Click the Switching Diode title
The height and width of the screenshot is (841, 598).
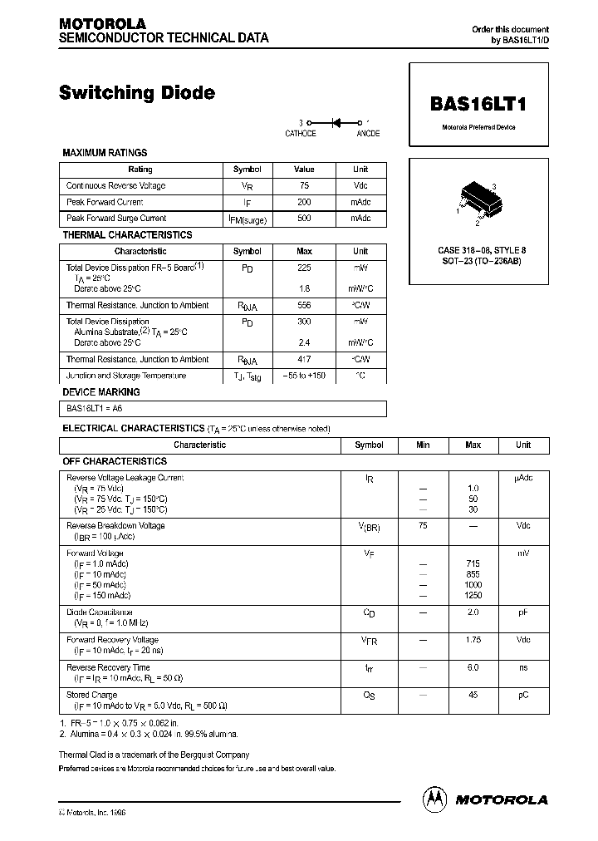[137, 93]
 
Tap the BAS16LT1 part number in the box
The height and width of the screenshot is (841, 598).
[478, 106]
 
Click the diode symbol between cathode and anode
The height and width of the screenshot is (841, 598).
[336, 122]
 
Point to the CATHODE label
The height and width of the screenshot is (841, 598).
[301, 133]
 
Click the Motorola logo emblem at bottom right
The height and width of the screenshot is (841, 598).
[434, 799]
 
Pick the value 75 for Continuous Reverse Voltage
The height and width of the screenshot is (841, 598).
[304, 186]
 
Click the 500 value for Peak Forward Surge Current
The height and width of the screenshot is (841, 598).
[304, 218]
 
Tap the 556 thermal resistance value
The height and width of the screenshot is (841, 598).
[304, 306]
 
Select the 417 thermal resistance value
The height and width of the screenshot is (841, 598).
[304, 360]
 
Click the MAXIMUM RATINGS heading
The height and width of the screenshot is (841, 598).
[105, 153]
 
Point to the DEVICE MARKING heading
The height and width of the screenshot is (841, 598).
[101, 391]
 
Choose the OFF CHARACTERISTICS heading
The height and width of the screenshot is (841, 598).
[115, 461]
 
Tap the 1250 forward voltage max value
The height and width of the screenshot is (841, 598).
[473, 596]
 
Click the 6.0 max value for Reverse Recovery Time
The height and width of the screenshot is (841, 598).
[473, 667]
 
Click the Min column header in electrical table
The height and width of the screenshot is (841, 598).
[423, 445]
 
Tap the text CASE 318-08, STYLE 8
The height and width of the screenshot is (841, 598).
[478, 250]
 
